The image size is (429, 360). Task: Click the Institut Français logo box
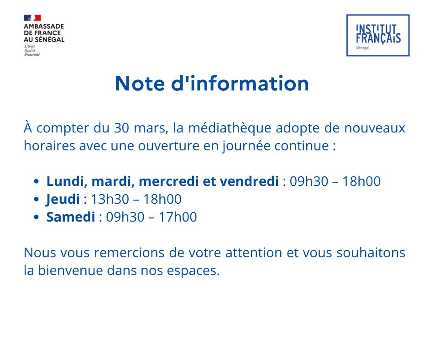click(378, 36)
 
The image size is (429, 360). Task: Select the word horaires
click(45, 146)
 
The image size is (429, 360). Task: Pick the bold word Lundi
click(62, 181)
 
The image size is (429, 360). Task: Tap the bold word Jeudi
click(63, 199)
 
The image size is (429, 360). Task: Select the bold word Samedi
click(71, 217)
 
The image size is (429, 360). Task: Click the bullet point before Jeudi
click(37, 200)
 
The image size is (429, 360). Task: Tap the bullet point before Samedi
click(37, 217)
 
